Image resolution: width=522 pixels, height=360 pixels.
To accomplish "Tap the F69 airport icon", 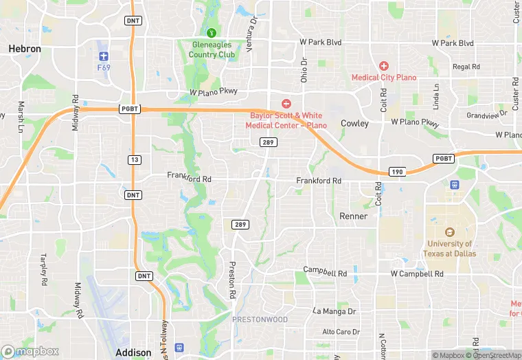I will point(104,55).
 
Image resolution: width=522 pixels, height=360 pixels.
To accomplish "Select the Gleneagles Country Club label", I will point(213,49).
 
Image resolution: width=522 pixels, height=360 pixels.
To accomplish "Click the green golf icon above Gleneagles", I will point(212,32).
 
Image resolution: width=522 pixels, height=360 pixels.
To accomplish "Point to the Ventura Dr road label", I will point(253,28).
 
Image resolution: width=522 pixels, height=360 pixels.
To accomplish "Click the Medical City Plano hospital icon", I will point(383,66).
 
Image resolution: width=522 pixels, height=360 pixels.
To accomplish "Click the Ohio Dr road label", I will point(304,69).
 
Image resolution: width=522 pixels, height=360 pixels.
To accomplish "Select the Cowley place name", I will point(355,124).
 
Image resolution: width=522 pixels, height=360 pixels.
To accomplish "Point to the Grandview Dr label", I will point(486,115).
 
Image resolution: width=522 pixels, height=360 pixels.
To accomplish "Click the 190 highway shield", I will point(396,172).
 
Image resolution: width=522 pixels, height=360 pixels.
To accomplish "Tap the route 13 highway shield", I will point(134,159).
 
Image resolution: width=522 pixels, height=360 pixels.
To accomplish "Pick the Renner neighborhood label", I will point(354,216).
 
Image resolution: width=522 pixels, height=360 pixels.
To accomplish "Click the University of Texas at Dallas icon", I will point(450,232).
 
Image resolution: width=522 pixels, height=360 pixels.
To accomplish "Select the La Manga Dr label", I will point(334,311).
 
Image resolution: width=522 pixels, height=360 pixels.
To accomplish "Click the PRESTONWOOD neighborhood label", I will point(259,319).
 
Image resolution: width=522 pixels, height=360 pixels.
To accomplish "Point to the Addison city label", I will point(133,352).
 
